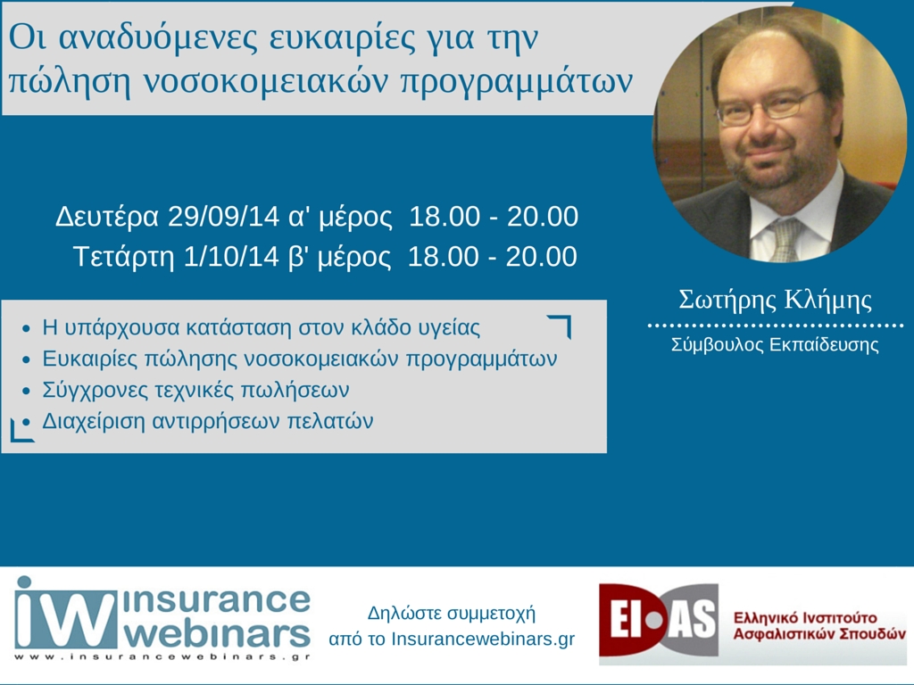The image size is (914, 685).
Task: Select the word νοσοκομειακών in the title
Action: click(265, 81)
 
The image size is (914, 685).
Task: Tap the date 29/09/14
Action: click(224, 216)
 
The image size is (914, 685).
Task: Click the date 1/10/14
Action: click(231, 256)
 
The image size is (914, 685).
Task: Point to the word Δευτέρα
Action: click(107, 216)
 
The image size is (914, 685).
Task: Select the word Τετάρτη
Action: click(123, 257)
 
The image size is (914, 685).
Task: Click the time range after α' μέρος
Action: click(493, 216)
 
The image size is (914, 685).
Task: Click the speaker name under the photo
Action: click(776, 300)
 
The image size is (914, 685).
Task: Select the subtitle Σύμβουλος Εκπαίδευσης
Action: click(775, 345)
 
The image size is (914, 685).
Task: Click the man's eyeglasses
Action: click(769, 107)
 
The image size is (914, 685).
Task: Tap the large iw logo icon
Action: click(66, 613)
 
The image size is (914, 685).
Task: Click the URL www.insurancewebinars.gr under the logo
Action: click(162, 657)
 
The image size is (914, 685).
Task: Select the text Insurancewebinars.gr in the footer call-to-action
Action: click(483, 639)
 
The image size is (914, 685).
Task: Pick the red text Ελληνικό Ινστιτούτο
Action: click(805, 617)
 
